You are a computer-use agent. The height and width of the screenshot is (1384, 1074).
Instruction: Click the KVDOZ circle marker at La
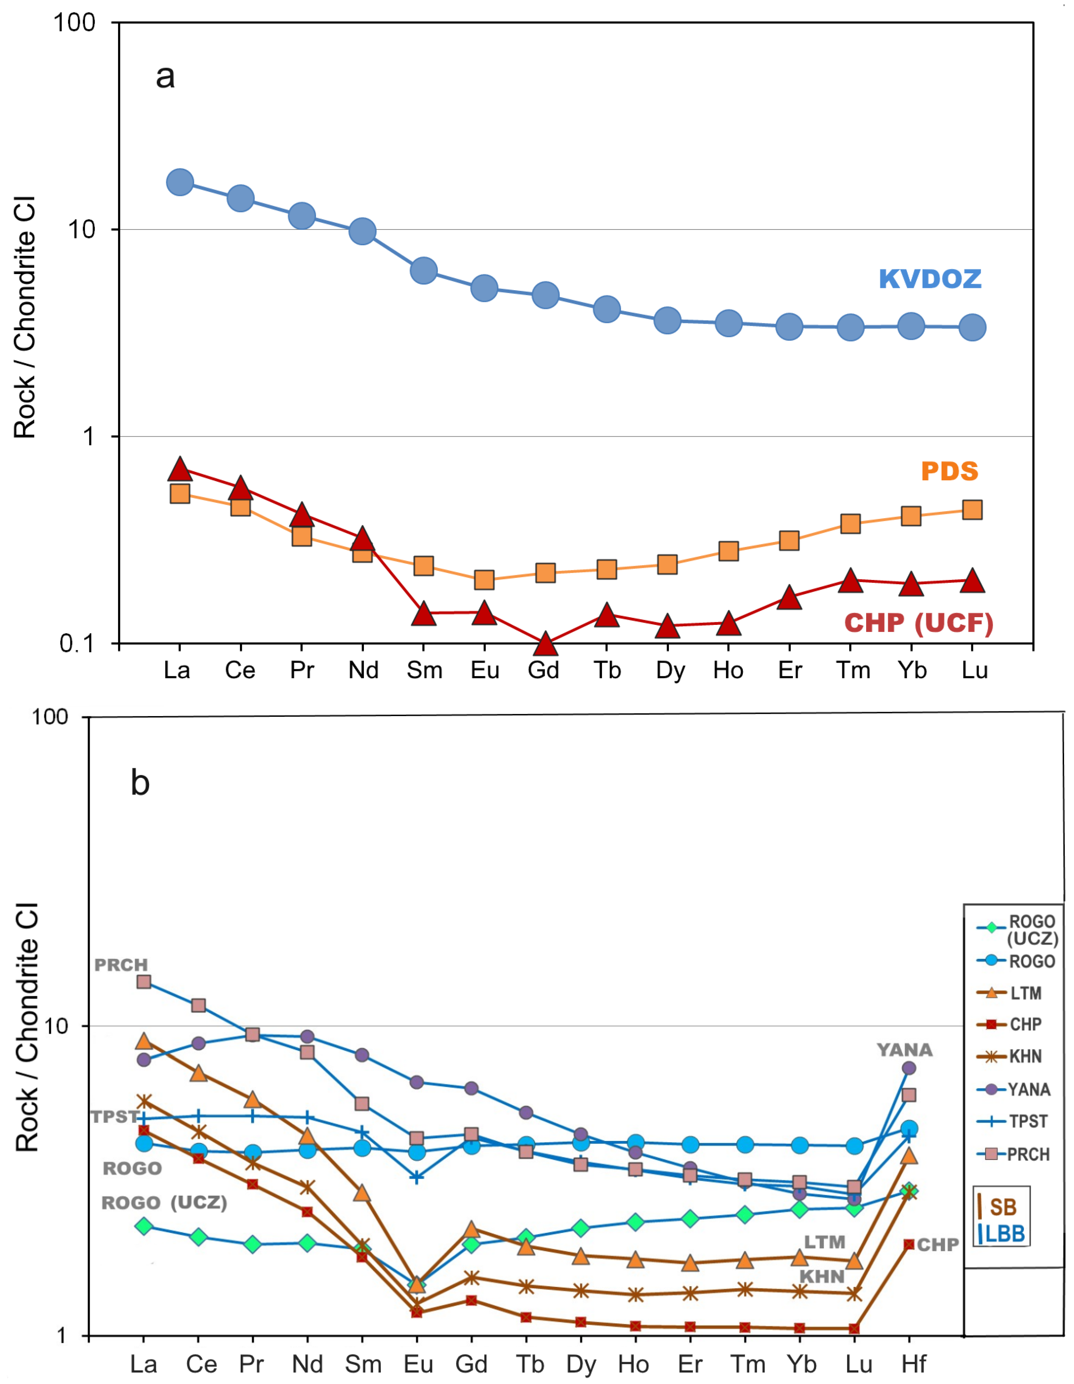point(180,182)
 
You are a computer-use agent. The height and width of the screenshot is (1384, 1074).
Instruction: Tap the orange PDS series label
point(949,472)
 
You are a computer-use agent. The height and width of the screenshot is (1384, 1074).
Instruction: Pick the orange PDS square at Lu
point(972,510)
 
